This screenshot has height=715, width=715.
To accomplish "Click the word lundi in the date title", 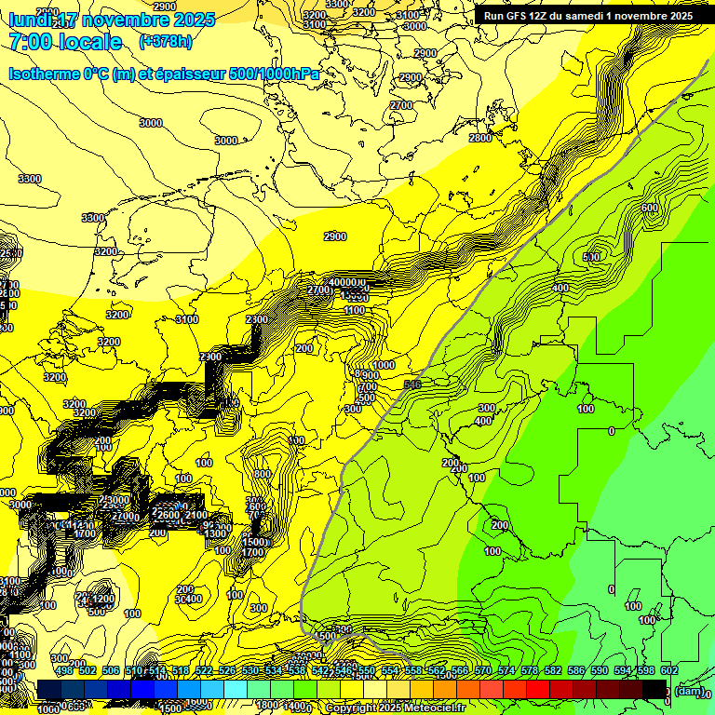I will tap(31, 20).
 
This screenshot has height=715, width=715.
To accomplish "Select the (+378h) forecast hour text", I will tap(166, 41).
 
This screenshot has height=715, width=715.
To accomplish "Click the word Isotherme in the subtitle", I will tap(44, 74).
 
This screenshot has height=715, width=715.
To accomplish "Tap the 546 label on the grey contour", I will tap(413, 384).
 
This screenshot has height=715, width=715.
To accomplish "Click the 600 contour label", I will tap(650, 208).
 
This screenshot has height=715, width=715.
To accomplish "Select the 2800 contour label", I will tap(480, 138).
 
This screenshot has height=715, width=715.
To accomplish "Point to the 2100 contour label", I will tap(196, 516).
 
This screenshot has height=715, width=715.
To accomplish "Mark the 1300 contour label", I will tap(217, 533).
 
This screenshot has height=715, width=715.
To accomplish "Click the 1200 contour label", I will tap(102, 599).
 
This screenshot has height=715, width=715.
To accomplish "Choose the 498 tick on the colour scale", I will tap(63, 671).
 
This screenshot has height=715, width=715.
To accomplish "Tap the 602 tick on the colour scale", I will tap(668, 671).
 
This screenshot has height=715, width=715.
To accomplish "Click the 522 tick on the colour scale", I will tap(203, 671).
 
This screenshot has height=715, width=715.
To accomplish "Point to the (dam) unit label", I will tap(689, 691).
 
